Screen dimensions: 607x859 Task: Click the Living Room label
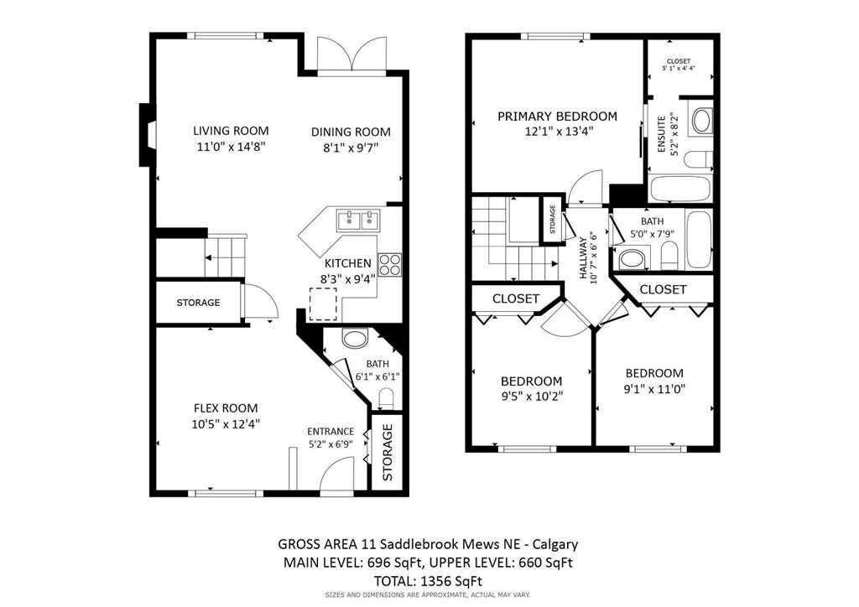coord(231,130)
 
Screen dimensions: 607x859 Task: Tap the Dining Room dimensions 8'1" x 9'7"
coord(351,148)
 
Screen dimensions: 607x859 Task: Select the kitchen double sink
coord(358,220)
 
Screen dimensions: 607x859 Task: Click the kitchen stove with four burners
coord(389,265)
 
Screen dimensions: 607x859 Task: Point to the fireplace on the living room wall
coord(148,135)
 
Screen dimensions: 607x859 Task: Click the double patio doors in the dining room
coord(353,57)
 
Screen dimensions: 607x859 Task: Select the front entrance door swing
coord(335,480)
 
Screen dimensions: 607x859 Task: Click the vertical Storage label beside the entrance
coord(388,452)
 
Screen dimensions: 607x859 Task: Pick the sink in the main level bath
coord(356,340)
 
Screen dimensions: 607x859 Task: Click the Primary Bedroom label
coord(557,117)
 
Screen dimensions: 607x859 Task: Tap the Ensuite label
coord(661,133)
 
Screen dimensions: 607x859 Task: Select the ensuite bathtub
coord(680,189)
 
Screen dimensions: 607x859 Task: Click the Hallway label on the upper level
coord(583,261)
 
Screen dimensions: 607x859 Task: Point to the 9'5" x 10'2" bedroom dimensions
coord(532,397)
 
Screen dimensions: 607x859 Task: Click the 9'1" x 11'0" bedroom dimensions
coord(653,389)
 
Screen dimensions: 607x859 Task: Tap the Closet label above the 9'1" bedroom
coord(663,289)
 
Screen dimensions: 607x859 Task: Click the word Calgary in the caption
coord(551,544)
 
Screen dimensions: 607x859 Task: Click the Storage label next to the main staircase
coord(198,303)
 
